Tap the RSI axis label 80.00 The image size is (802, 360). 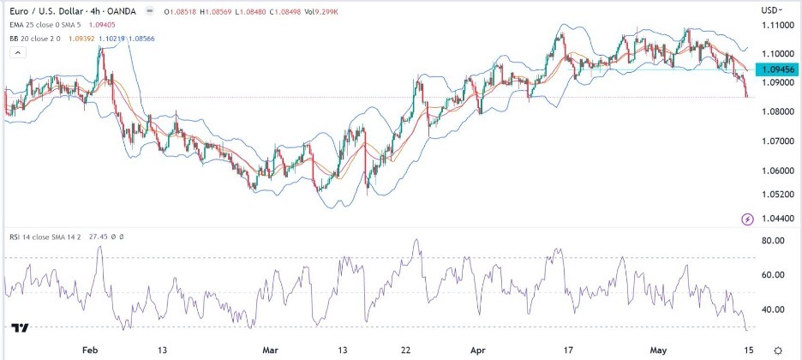tap(774, 241)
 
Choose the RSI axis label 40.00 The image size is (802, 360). tap(774, 309)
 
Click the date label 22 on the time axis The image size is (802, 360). tap(407, 351)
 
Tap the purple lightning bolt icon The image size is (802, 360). tap(748, 219)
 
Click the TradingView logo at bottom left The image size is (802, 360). tap(21, 327)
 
